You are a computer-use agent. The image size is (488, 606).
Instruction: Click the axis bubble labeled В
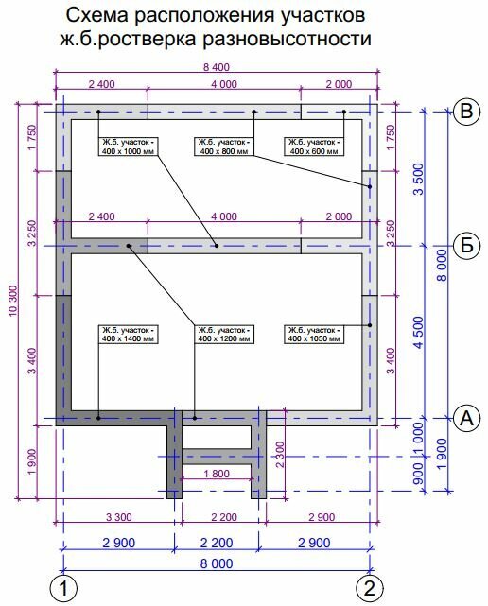tap(467, 112)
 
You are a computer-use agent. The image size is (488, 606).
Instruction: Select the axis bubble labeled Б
tap(467, 246)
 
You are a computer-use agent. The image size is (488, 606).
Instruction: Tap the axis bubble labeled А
tap(467, 418)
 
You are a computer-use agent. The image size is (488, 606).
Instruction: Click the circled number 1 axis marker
tap(63, 589)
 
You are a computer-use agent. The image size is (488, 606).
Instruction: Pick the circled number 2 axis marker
tap(370, 589)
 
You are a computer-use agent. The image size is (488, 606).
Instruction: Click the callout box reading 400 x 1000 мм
tap(129, 147)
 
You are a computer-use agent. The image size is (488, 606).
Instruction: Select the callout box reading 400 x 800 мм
tap(224, 147)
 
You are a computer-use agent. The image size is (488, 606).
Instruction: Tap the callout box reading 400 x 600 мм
tap(314, 147)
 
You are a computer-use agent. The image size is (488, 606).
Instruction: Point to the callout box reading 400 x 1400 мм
tap(129, 335)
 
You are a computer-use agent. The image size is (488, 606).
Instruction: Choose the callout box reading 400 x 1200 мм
tap(224, 335)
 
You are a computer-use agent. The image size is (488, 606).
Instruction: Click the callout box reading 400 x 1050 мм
tap(314, 335)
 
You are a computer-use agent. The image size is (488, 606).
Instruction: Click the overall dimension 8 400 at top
tap(217, 67)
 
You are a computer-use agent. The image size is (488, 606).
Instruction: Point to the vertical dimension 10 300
tap(12, 301)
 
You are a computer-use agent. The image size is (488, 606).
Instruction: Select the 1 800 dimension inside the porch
tap(217, 474)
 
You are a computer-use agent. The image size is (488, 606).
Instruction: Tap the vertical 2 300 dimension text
tap(280, 455)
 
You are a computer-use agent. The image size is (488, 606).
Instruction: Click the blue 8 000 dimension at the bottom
tap(217, 563)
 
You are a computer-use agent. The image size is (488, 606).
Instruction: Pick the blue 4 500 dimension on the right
tap(419, 333)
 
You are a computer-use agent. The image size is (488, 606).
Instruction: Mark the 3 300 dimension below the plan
tap(119, 517)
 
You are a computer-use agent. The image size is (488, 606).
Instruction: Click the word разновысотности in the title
tap(287, 38)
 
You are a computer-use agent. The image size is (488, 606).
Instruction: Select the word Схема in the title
tap(97, 16)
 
